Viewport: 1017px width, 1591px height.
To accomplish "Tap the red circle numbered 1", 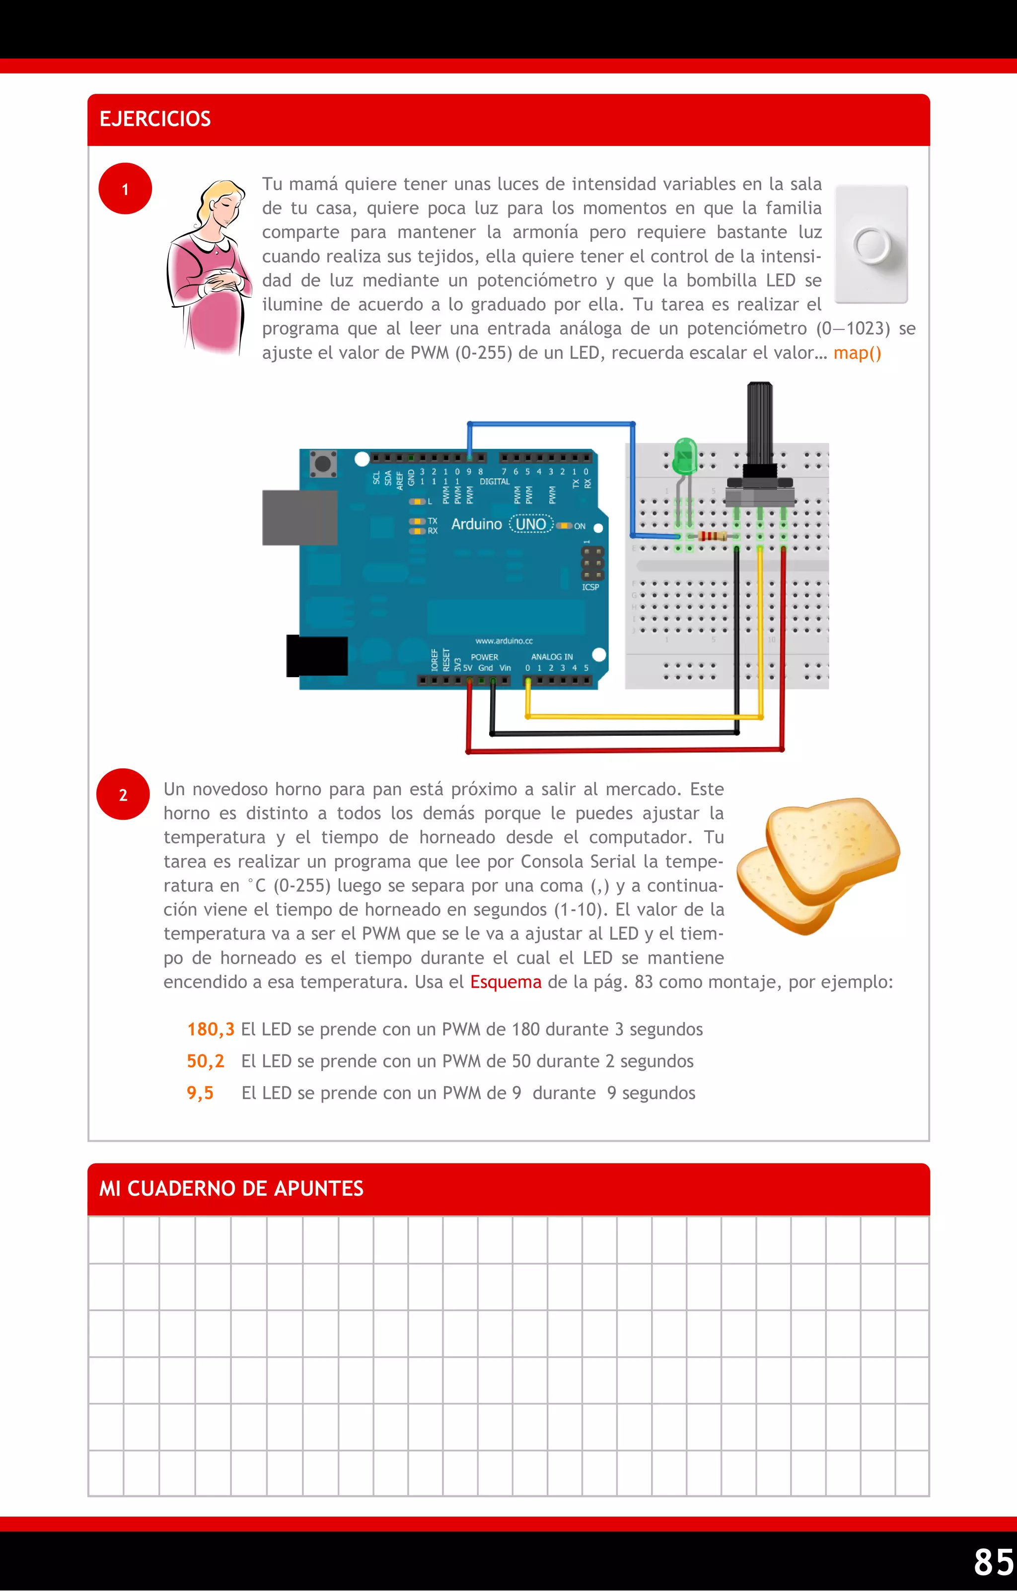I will (125, 189).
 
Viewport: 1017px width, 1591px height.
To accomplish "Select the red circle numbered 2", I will (123, 794).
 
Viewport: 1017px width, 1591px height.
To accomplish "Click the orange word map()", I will (857, 353).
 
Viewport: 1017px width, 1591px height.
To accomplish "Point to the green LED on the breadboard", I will (685, 456).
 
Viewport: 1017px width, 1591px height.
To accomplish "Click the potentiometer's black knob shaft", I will (760, 423).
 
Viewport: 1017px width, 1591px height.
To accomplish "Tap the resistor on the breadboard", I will (713, 536).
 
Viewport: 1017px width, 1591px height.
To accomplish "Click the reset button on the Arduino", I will (322, 463).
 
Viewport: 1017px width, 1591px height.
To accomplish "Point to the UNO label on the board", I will (531, 524).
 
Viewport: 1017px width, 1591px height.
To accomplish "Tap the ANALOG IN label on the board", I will (552, 657).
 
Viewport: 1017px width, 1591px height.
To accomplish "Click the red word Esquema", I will (506, 982).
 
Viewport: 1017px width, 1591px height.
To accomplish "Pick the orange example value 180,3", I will (210, 1030).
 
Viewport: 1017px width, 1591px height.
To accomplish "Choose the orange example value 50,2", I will (206, 1061).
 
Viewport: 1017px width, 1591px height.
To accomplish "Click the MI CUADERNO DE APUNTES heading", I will (231, 1188).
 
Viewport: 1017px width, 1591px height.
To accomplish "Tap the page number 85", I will (993, 1562).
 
